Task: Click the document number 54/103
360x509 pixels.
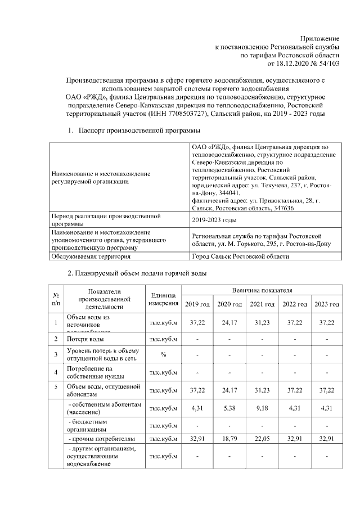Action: click(x=327, y=64)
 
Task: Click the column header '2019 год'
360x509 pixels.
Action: click(x=197, y=304)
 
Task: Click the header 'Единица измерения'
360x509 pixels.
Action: click(x=164, y=299)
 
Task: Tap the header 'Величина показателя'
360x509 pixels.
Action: click(x=262, y=290)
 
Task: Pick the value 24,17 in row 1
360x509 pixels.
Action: click(x=229, y=322)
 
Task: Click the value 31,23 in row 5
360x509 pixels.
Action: click(x=262, y=390)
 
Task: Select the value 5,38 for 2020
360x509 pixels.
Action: click(x=229, y=408)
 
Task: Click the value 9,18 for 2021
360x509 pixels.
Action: click(x=262, y=408)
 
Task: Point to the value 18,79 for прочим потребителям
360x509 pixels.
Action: click(x=229, y=438)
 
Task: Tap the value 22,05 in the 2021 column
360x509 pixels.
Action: click(x=262, y=438)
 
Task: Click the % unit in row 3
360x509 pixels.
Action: click(x=164, y=354)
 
